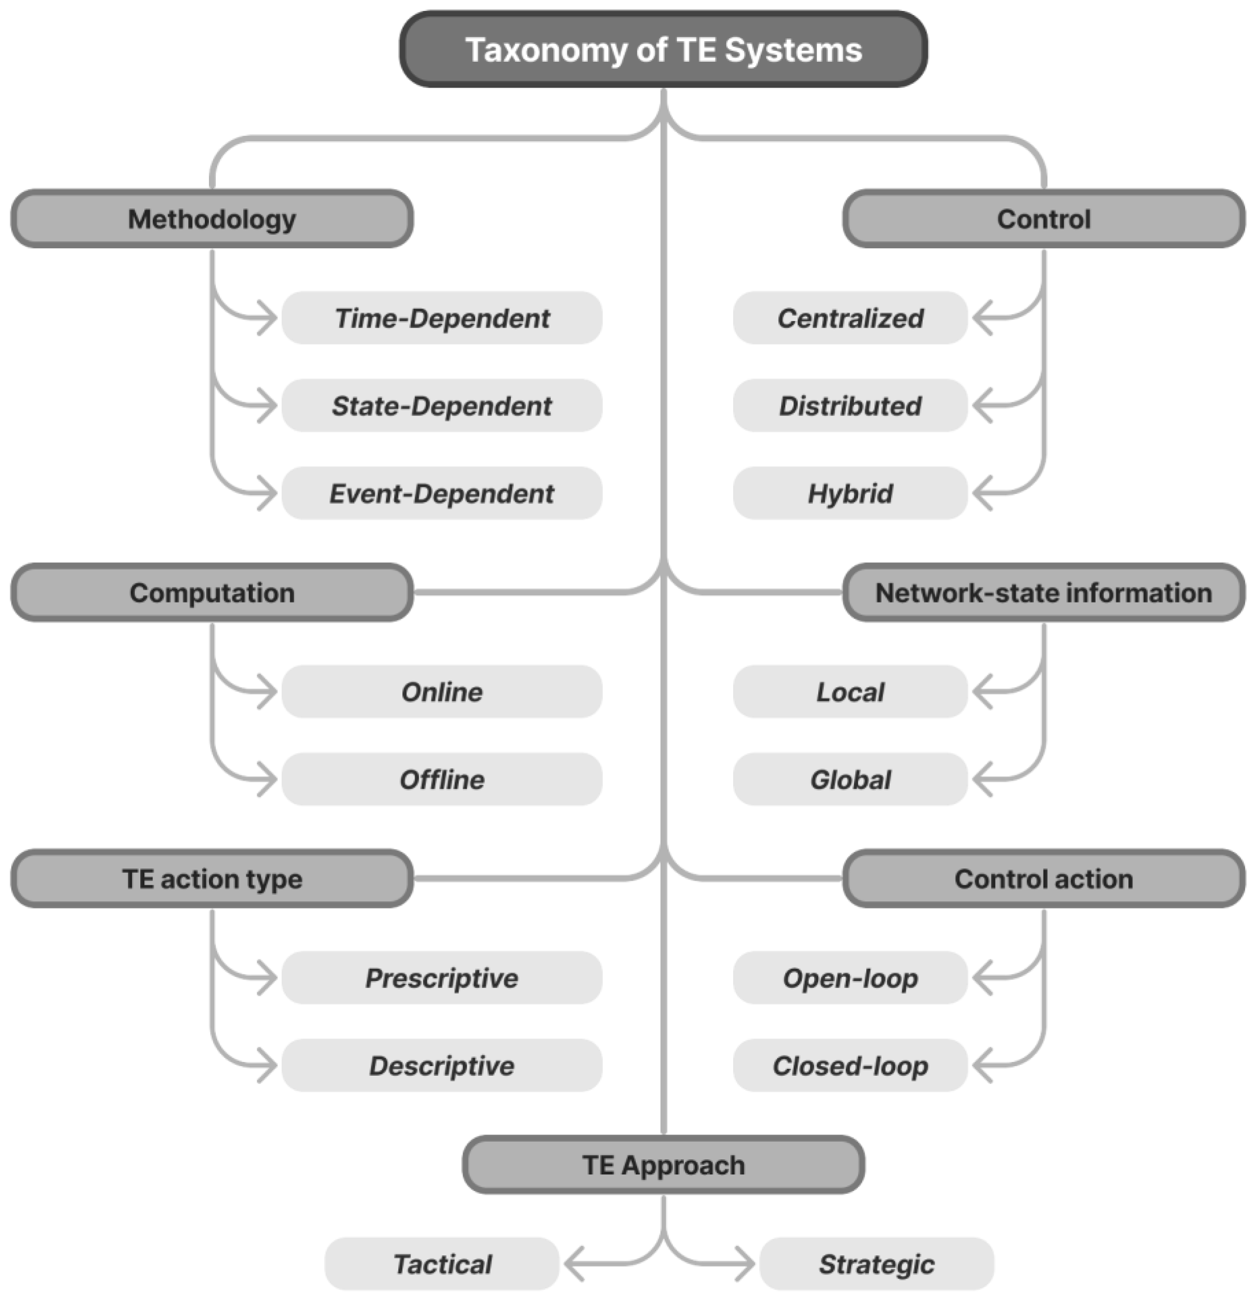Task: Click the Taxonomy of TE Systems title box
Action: (663, 50)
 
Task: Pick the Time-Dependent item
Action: (442, 318)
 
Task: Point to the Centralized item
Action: (850, 318)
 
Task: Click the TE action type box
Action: (212, 879)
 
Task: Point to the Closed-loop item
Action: (850, 1066)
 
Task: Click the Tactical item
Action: (442, 1264)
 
